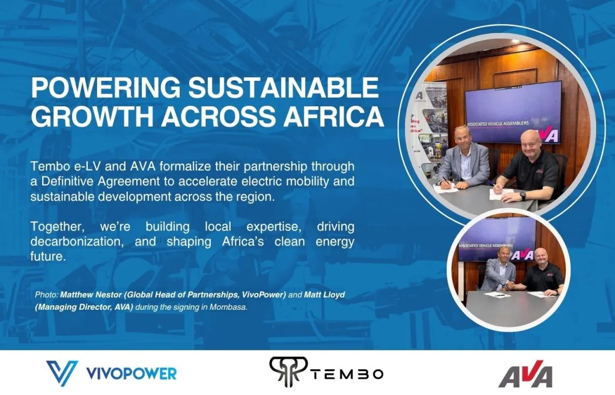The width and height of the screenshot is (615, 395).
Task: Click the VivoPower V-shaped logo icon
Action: coord(62,373)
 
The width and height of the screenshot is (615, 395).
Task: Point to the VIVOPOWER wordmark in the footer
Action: coord(131,373)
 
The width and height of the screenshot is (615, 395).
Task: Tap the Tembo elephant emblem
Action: coord(288,371)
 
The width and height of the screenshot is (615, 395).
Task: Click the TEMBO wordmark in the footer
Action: coord(347,374)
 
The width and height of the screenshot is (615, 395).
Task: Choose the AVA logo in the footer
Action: coord(526,374)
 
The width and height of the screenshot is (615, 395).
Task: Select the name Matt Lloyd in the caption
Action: coord(324,295)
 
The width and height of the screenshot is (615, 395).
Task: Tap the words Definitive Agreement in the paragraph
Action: coord(101,181)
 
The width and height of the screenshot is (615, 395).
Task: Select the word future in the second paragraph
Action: coord(47,256)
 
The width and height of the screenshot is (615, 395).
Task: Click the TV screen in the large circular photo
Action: coord(513,113)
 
